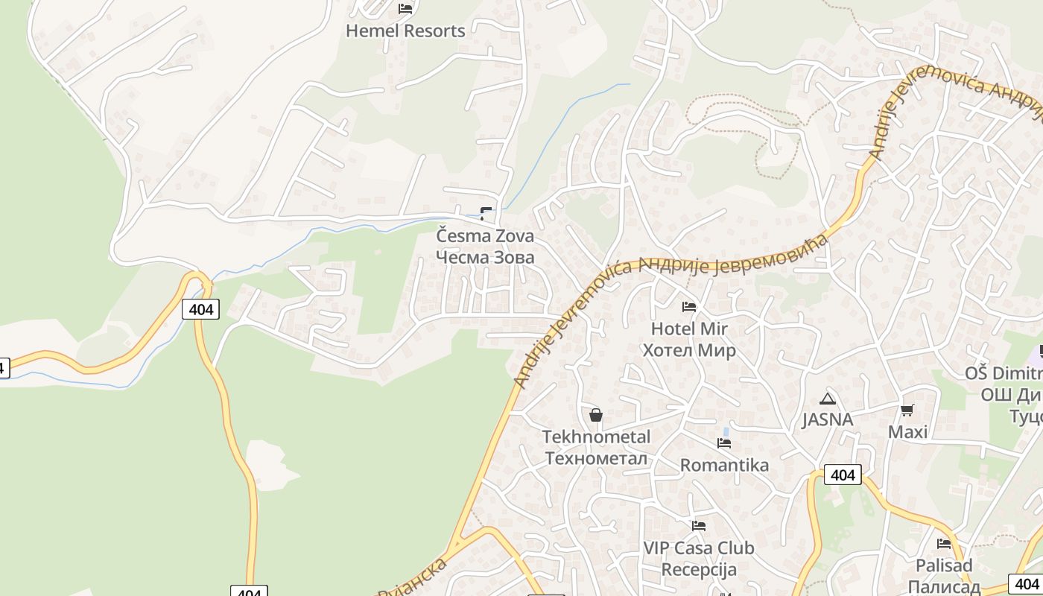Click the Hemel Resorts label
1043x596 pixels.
click(405, 31)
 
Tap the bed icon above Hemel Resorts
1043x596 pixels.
click(405, 9)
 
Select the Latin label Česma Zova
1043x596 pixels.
click(485, 236)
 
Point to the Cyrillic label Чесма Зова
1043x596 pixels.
click(485, 257)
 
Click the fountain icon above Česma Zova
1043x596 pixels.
click(486, 214)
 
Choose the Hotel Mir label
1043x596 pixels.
click(689, 329)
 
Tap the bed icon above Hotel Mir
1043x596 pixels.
click(689, 306)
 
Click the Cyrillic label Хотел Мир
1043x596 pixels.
click(689, 350)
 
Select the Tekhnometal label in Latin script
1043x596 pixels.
click(596, 437)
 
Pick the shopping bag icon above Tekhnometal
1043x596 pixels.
click(596, 415)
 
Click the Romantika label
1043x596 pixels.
click(724, 465)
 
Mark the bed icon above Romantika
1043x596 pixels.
click(724, 443)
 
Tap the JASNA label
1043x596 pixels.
click(827, 419)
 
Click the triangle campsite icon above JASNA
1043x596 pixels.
click(827, 399)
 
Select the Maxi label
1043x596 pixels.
click(907, 432)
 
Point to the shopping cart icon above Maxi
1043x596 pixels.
click(907, 410)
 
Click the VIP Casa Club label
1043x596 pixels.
click(699, 548)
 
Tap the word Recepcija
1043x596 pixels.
click(699, 570)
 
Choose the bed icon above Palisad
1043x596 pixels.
click(944, 543)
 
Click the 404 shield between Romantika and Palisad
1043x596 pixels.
click(843, 475)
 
